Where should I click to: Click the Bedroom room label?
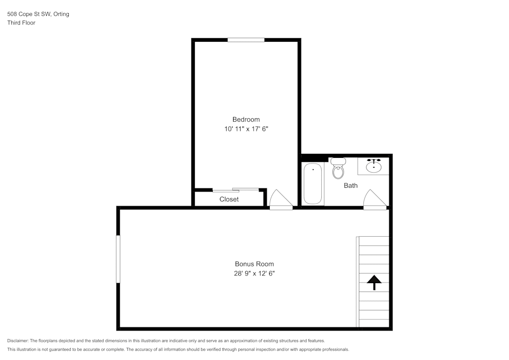[246, 120]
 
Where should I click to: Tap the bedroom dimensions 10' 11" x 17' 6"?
[246, 129]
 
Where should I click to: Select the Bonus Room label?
[254, 264]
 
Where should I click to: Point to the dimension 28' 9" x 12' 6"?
[254, 273]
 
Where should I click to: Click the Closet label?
[229, 199]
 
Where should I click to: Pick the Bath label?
[350, 185]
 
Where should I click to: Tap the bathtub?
[313, 184]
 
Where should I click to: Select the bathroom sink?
[374, 166]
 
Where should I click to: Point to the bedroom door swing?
[280, 200]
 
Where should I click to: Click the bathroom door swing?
[375, 200]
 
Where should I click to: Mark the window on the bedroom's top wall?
[246, 40]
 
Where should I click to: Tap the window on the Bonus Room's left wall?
[118, 259]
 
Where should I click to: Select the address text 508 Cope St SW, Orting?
[38, 14]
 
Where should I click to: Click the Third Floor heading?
[21, 23]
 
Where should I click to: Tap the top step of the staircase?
[374, 241]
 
